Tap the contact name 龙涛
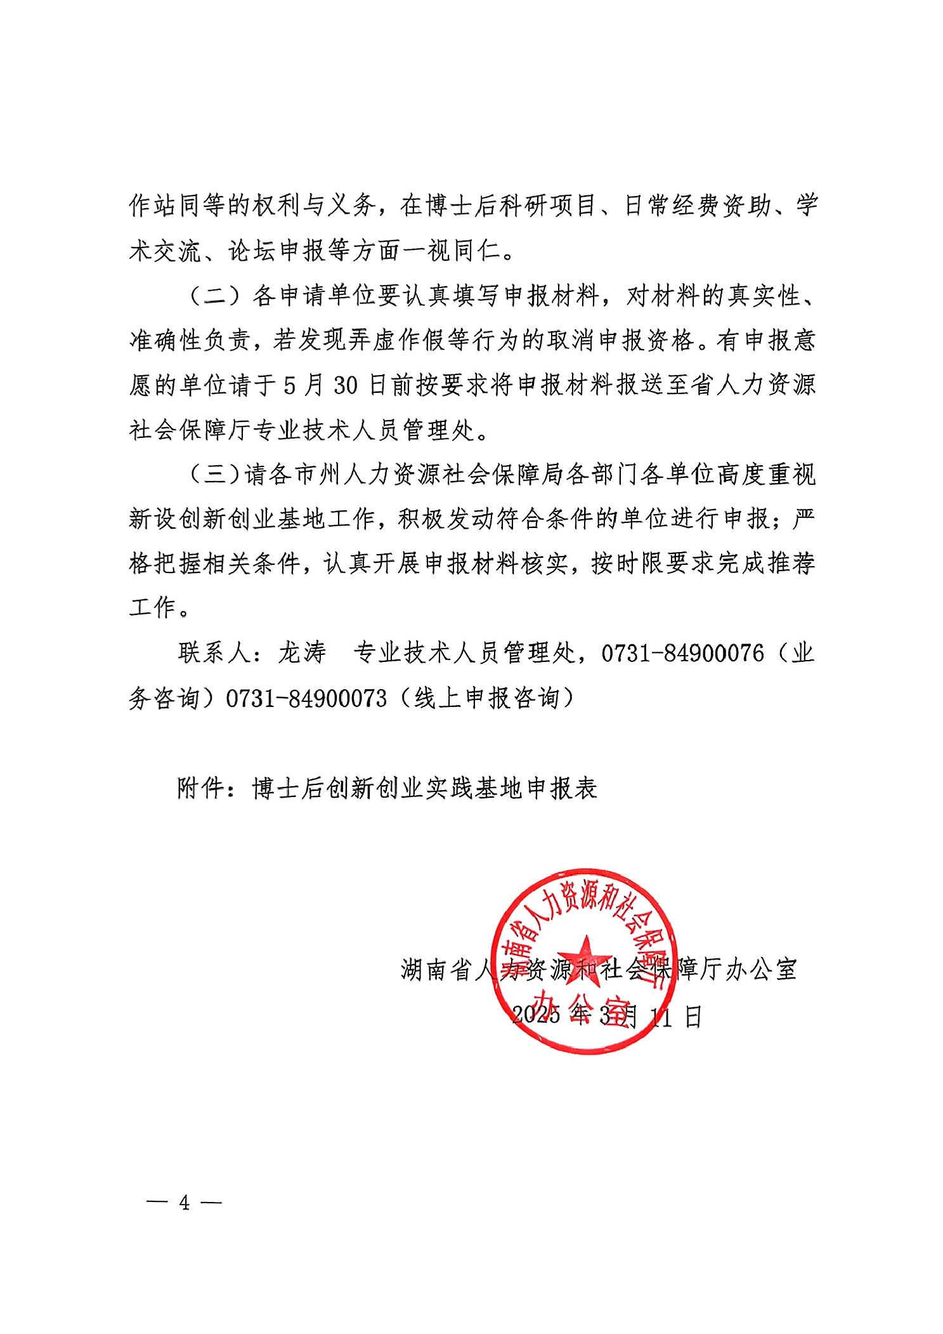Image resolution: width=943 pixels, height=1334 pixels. tap(302, 653)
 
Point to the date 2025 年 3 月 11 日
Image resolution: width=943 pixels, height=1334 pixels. tap(606, 1016)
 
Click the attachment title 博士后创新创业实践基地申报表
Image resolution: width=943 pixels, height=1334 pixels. tap(424, 788)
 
